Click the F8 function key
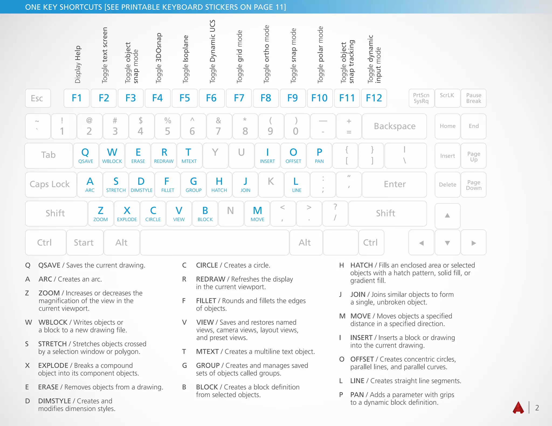click(x=266, y=98)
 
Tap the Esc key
click(x=38, y=98)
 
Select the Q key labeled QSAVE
click(x=85, y=156)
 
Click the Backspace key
click(x=394, y=126)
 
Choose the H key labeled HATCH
click(x=219, y=185)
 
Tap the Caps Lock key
click(x=50, y=185)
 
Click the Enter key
click(x=394, y=185)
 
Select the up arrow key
click(x=447, y=215)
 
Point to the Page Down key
click(x=474, y=185)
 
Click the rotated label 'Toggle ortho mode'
click(x=266, y=54)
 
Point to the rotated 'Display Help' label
click(x=78, y=64)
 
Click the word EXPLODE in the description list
click(x=53, y=365)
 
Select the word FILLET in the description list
click(x=206, y=301)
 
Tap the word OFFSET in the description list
click(x=362, y=359)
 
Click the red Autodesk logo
click(x=518, y=407)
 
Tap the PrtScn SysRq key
click(x=421, y=98)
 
